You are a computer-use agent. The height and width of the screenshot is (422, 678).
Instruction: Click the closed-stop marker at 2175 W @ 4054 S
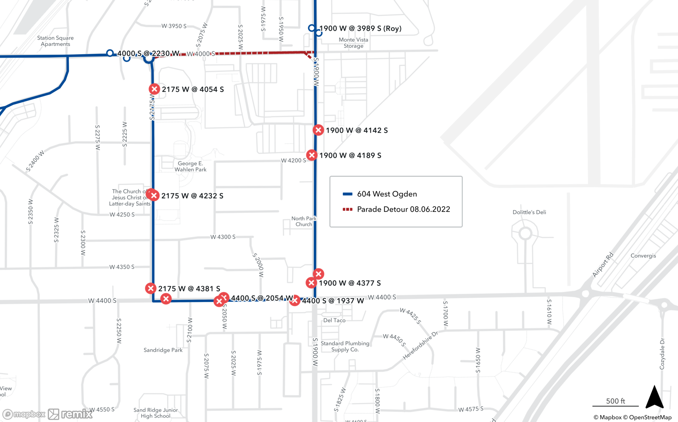[x=154, y=89]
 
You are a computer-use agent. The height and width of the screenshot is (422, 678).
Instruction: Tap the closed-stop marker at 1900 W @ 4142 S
[x=318, y=130]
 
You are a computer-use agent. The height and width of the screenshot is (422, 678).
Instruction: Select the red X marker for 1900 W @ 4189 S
[x=312, y=155]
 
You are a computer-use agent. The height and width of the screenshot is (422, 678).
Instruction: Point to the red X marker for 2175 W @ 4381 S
[x=151, y=288]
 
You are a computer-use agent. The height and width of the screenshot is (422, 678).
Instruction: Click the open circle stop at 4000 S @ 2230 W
[x=110, y=53]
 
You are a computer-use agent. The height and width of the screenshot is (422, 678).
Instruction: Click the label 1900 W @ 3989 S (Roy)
[x=360, y=29]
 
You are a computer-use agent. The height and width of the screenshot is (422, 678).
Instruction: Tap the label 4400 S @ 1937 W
[x=333, y=301]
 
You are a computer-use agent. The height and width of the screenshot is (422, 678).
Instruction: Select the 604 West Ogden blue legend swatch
[x=347, y=194]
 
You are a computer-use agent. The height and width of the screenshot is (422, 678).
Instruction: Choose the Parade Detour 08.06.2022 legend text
[x=403, y=209]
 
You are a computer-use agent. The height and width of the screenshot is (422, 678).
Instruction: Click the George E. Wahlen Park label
[x=190, y=166]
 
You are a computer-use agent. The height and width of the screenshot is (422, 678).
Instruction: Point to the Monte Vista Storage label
[x=353, y=43]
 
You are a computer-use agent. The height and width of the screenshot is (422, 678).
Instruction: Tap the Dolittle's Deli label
[x=529, y=212]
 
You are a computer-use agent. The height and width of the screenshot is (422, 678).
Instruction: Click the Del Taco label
[x=334, y=320]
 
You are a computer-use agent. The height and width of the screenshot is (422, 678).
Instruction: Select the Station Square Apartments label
[x=55, y=41]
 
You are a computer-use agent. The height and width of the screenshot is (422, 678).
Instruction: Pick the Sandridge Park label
[x=163, y=350]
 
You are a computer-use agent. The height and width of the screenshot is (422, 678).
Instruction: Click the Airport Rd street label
[x=603, y=265]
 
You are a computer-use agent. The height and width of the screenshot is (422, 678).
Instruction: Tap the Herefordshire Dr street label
[x=420, y=345]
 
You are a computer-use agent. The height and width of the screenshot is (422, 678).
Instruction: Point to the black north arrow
[x=654, y=397]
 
